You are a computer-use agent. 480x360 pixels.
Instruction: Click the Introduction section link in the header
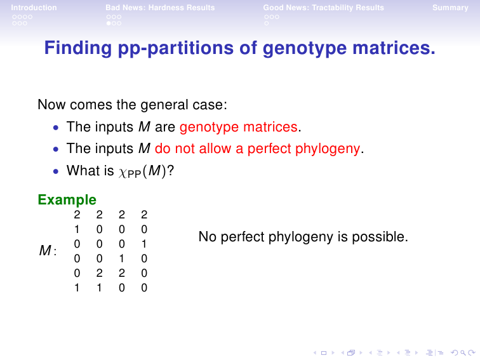tap(34, 8)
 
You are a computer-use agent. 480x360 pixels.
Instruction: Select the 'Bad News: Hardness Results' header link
tap(160, 8)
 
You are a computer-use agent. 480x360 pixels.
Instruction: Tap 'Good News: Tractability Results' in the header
tap(324, 8)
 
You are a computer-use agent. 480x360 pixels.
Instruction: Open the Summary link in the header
tap(450, 8)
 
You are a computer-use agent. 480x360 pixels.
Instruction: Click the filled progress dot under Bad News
tap(109, 23)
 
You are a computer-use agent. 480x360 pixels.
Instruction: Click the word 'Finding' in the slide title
tap(78, 48)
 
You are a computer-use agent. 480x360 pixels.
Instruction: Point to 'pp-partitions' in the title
tap(176, 49)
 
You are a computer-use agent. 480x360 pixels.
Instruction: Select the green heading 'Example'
tap(67, 200)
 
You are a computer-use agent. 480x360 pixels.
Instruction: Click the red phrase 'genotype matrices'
tap(239, 127)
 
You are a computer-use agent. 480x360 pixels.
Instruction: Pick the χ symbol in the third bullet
tap(123, 172)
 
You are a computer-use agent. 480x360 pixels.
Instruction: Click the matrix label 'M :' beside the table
tap(48, 251)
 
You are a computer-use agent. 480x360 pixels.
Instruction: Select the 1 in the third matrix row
tap(144, 244)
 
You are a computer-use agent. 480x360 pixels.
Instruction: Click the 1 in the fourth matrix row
tap(122, 258)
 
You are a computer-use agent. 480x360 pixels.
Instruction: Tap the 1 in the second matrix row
tap(77, 229)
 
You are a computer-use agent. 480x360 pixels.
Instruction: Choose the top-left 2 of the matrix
tap(77, 215)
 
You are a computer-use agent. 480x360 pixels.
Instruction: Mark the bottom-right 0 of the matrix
tap(144, 288)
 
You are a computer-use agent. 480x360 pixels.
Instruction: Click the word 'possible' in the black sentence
tap(378, 237)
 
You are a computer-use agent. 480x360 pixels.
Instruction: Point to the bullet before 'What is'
tap(56, 171)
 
